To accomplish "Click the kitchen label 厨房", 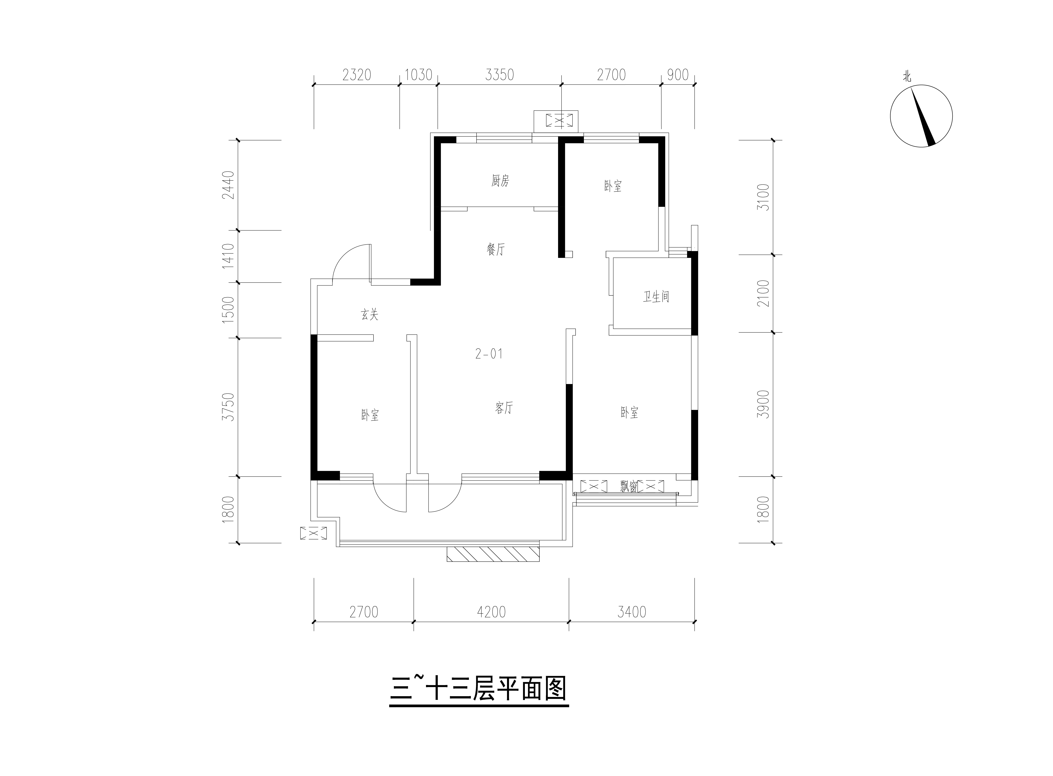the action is pos(500,181).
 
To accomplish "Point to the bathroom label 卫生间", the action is pos(656,297).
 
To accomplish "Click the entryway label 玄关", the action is pos(370,315).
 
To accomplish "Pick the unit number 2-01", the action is pos(489,354).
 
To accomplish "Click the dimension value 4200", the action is pos(491,612).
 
